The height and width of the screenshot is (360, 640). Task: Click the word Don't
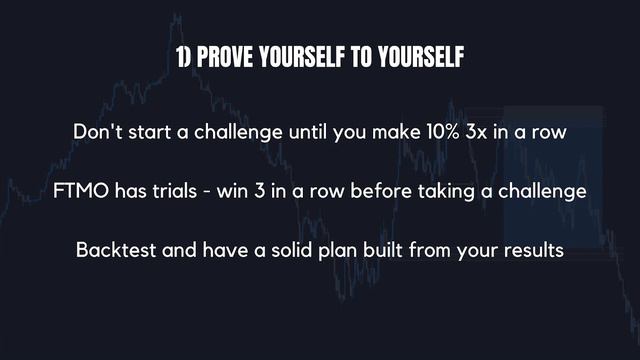click(97, 132)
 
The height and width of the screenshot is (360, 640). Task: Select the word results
click(531, 248)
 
